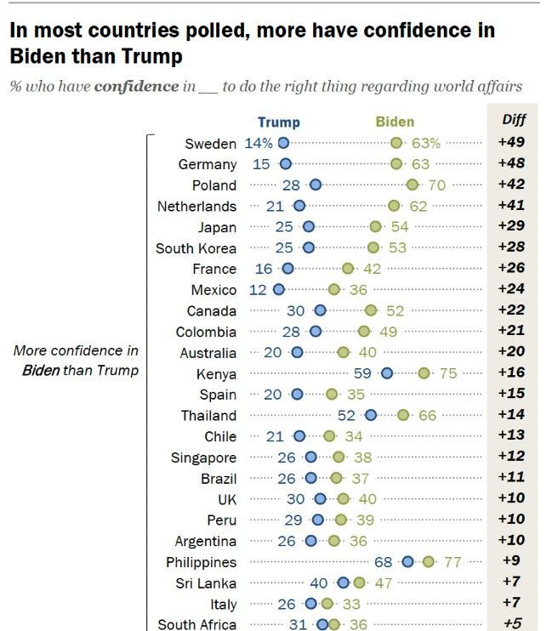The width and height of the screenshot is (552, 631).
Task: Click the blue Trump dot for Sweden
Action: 283,143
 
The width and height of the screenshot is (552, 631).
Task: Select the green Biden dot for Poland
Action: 413,185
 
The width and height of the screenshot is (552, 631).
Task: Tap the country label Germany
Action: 208,164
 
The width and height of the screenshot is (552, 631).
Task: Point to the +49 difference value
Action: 512,143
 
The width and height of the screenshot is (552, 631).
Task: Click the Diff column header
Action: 513,120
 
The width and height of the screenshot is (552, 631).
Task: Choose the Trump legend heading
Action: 279,122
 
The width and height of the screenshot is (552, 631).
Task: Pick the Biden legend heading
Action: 396,122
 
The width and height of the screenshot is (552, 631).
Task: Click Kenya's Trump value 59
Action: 363,373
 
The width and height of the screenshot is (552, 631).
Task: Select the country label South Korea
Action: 196,248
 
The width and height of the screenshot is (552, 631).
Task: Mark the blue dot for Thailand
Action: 371,415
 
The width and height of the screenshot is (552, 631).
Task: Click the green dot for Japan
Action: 375,227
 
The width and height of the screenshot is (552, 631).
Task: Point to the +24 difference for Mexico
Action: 512,290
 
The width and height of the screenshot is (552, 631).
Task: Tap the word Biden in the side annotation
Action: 41,371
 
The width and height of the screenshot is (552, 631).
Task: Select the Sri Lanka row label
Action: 208,583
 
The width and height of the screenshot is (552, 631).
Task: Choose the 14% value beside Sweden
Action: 259,143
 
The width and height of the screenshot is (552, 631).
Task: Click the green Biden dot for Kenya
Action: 424,373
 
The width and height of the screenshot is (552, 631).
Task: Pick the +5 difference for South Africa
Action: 512,624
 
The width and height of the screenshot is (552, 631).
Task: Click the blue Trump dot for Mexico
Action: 278,290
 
